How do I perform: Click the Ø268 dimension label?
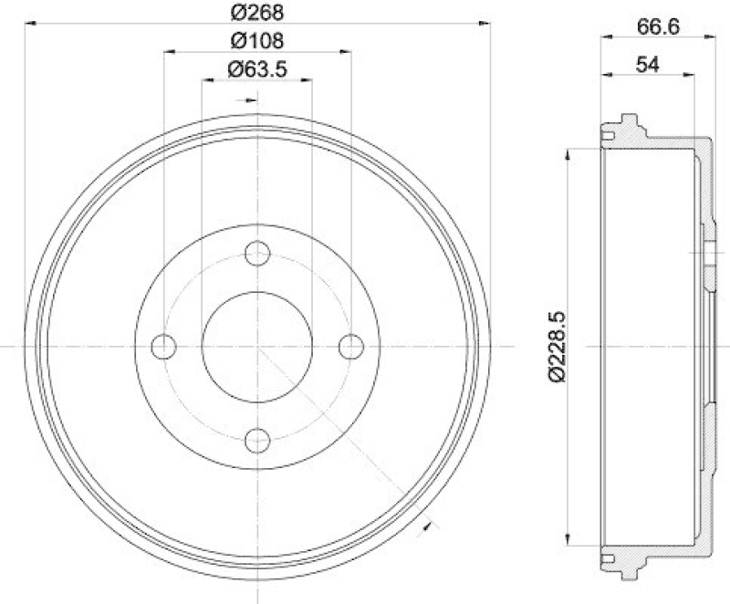(256, 13)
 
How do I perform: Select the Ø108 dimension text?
(256, 40)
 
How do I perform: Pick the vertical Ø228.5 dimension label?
(556, 346)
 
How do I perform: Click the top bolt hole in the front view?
(257, 253)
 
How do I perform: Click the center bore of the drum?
(257, 347)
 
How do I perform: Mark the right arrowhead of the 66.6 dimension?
(707, 36)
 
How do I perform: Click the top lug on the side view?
(627, 123)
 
